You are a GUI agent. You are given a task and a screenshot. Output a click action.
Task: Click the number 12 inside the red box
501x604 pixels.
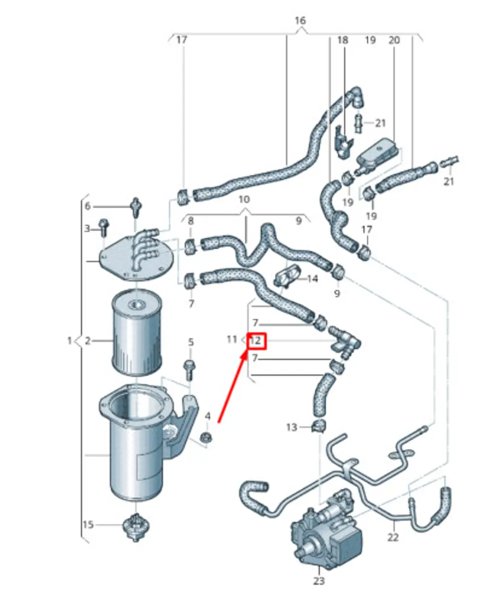[x=256, y=341]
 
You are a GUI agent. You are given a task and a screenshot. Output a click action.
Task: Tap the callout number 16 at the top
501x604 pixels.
[x=300, y=21]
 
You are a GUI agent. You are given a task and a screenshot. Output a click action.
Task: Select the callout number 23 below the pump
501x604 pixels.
[x=319, y=581]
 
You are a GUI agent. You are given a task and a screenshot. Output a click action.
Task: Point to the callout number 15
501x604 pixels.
[x=88, y=525]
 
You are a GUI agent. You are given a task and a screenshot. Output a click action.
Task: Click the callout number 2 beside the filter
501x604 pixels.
[x=88, y=341]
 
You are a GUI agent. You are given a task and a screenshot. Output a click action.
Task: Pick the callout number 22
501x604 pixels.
[x=393, y=537]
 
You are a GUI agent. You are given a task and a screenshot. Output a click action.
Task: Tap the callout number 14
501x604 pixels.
[x=312, y=278]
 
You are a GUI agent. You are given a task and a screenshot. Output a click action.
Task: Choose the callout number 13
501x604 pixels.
[x=292, y=427]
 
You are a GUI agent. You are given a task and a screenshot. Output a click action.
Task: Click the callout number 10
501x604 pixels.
[x=244, y=199]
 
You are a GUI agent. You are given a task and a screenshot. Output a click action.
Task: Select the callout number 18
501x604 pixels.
[x=342, y=40]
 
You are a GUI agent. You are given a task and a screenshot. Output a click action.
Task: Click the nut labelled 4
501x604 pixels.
[x=205, y=438]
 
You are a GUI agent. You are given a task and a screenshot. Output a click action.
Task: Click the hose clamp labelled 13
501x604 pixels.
[x=317, y=427]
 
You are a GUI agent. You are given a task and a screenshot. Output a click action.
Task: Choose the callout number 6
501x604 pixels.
[x=88, y=206]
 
